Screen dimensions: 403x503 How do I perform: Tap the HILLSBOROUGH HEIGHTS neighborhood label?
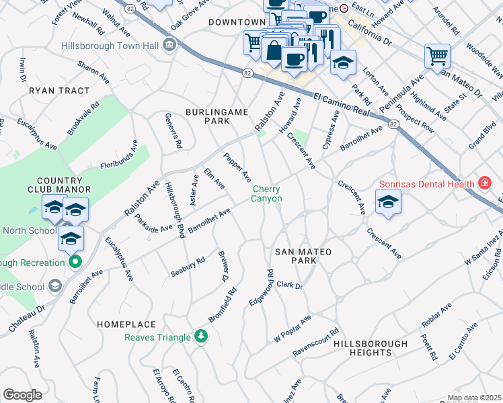coord(371,348)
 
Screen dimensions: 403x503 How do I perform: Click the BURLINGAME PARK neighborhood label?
coord(218,116)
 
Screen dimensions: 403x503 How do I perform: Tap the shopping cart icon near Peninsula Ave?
coord(437,56)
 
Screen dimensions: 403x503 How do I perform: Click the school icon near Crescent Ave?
coord(388,201)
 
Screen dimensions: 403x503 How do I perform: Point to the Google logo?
coord(22,395)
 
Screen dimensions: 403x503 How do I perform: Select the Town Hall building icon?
coord(169,45)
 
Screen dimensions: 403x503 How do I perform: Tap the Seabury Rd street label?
coord(188,267)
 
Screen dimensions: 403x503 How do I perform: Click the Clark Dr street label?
coord(290,285)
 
